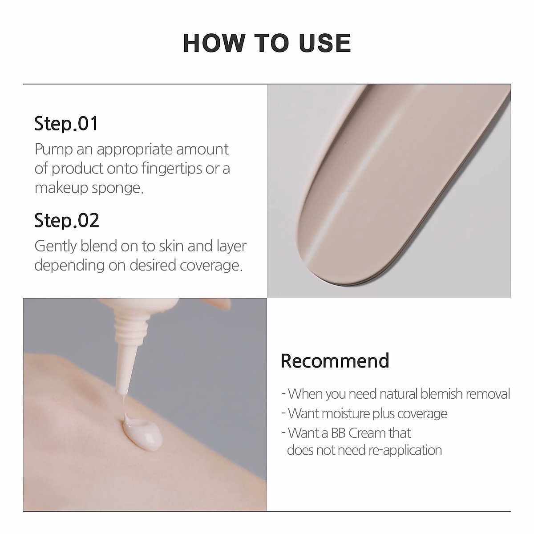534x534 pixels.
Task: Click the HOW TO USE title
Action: (267, 43)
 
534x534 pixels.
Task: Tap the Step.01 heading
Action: (66, 124)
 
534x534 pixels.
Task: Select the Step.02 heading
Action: (67, 221)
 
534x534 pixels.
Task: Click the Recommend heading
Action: (335, 361)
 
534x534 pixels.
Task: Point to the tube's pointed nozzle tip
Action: (121, 392)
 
